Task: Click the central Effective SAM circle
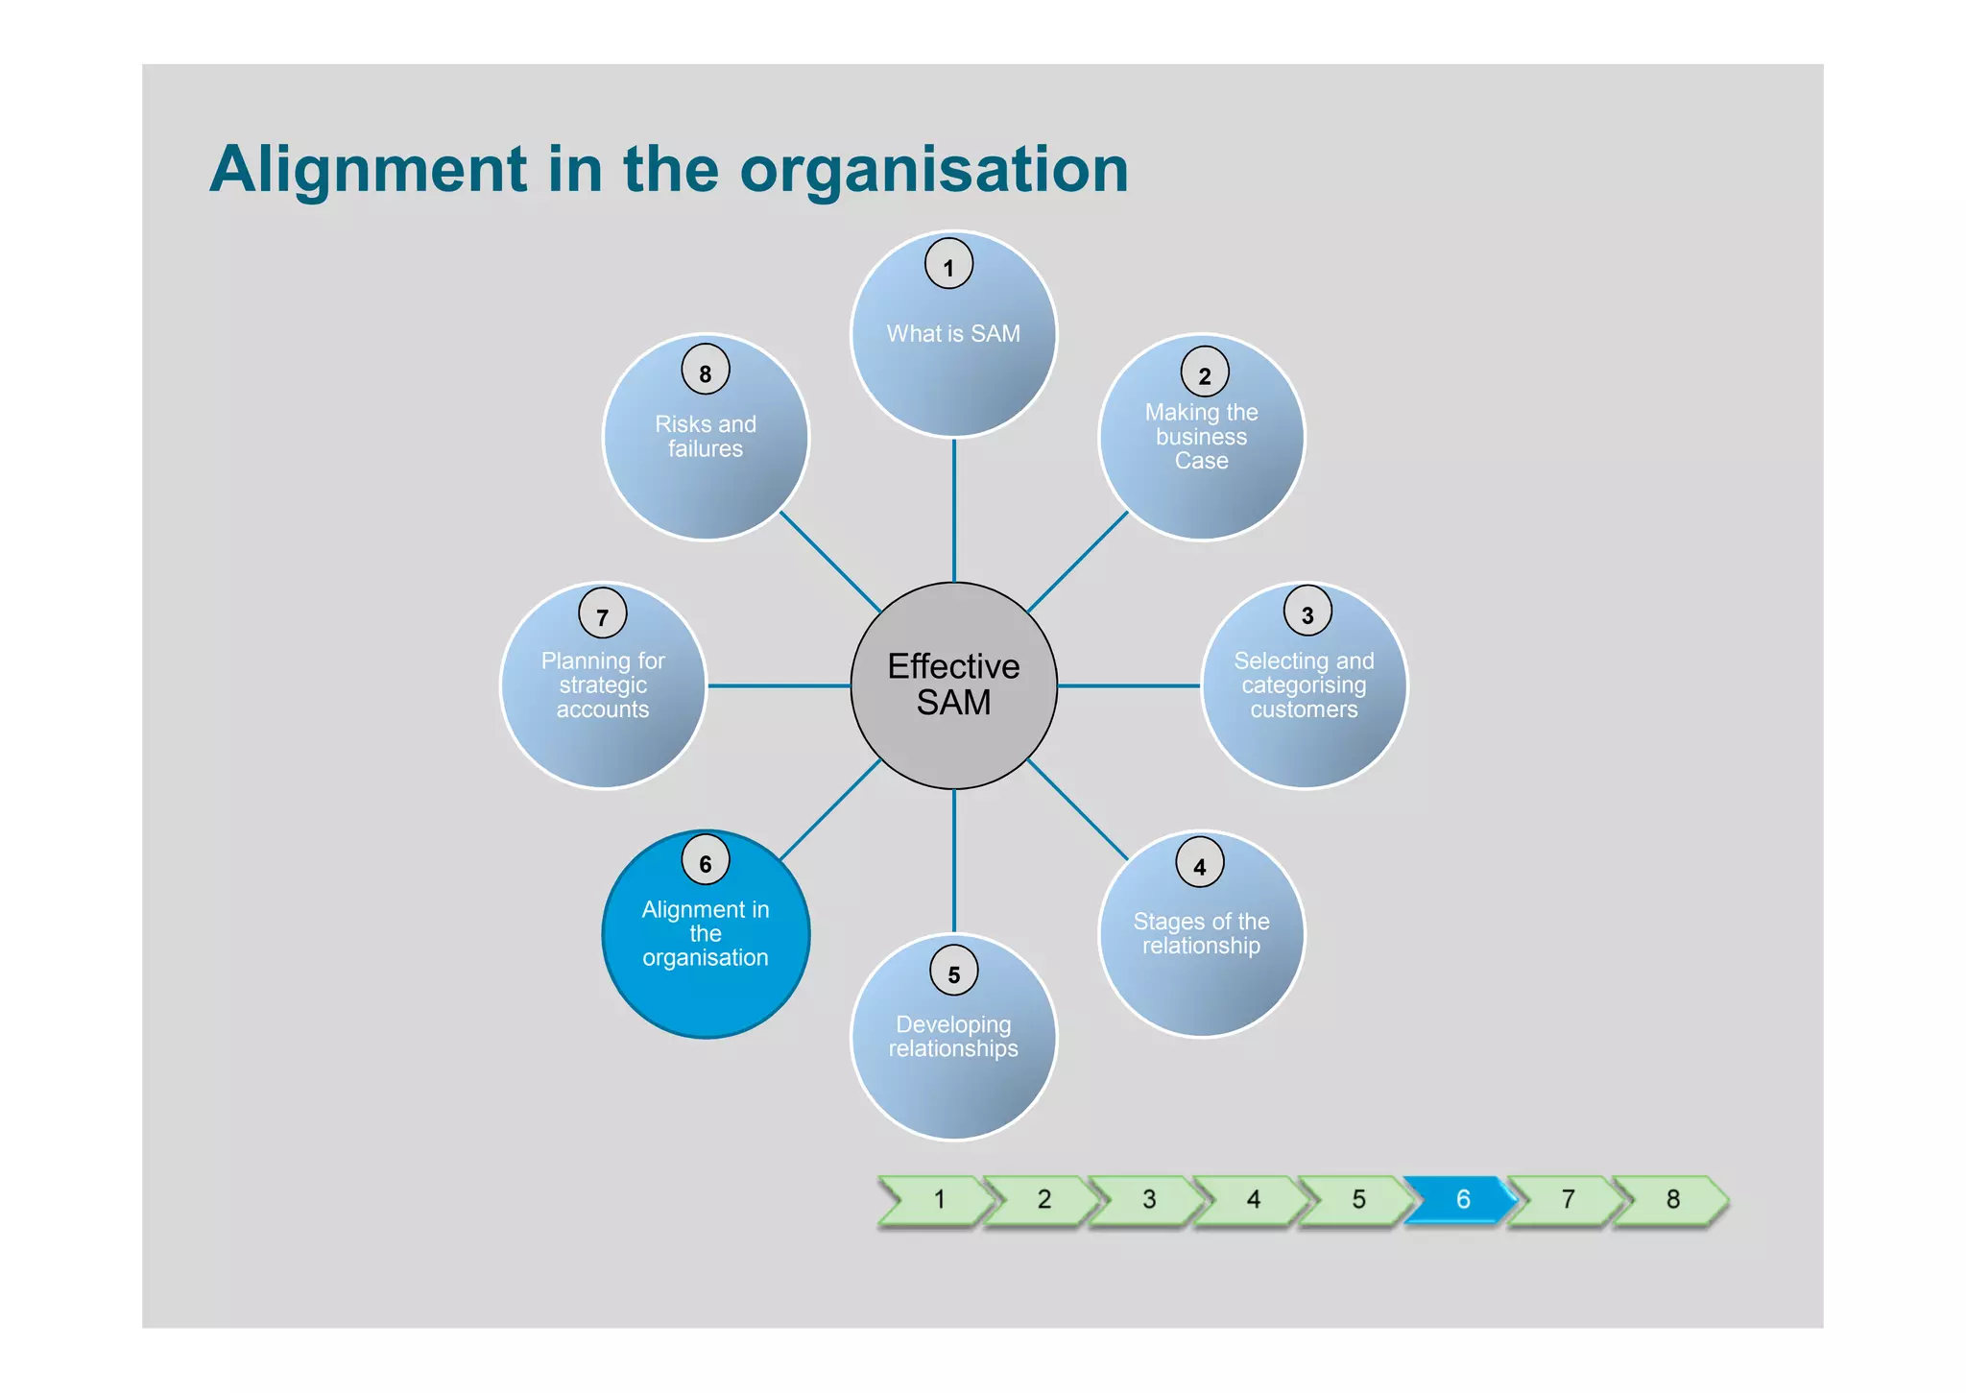tap(953, 684)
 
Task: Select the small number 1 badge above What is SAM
tap(948, 264)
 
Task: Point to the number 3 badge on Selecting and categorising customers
tap(1307, 611)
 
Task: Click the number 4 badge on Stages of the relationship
tap(1199, 862)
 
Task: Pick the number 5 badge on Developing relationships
tap(953, 971)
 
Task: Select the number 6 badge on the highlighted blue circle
tap(706, 860)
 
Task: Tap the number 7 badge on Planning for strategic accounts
tap(602, 613)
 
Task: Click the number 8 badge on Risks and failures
tap(706, 370)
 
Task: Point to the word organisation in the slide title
tap(933, 171)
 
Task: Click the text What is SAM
tap(953, 334)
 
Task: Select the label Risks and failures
tap(706, 437)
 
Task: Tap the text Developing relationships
tap(953, 1037)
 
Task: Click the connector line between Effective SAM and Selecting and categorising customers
tap(1129, 685)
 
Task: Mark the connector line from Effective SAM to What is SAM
tap(953, 509)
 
